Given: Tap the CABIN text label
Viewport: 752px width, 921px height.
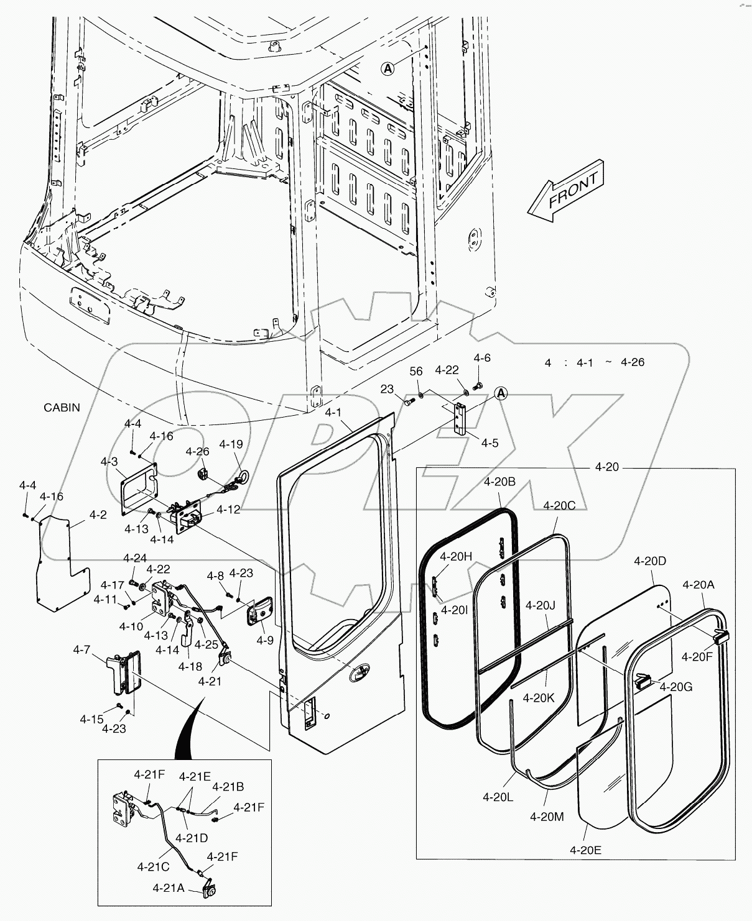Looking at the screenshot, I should (x=62, y=408).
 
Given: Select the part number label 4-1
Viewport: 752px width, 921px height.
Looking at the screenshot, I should (x=333, y=412).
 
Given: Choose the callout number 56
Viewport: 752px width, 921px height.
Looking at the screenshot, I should (x=416, y=371).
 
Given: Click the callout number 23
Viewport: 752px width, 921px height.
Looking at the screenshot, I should (x=387, y=389).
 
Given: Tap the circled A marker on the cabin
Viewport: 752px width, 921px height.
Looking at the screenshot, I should (x=388, y=69).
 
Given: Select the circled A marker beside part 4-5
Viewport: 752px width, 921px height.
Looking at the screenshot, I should (x=501, y=393).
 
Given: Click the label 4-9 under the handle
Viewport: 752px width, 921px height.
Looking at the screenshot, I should (x=265, y=639).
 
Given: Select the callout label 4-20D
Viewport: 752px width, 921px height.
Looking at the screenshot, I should (x=650, y=561).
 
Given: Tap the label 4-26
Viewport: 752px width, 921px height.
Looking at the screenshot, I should (x=198, y=452).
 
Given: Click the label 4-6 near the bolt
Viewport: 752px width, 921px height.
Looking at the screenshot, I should (x=482, y=358).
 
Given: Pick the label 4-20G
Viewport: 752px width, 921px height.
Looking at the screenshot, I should (x=676, y=687).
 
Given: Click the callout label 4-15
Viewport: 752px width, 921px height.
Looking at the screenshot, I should (x=91, y=719).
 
